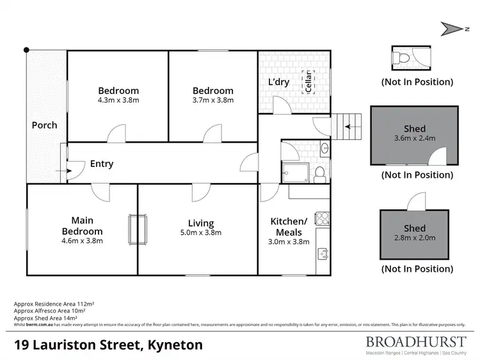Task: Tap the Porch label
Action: click(44, 125)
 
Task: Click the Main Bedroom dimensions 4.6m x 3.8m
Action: click(82, 241)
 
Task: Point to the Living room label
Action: click(200, 223)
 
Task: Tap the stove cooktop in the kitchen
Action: click(322, 219)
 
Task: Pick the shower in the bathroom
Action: click(292, 172)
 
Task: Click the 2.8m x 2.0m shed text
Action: click(414, 238)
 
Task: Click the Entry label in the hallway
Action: click(101, 164)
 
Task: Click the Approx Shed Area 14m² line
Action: click(45, 318)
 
